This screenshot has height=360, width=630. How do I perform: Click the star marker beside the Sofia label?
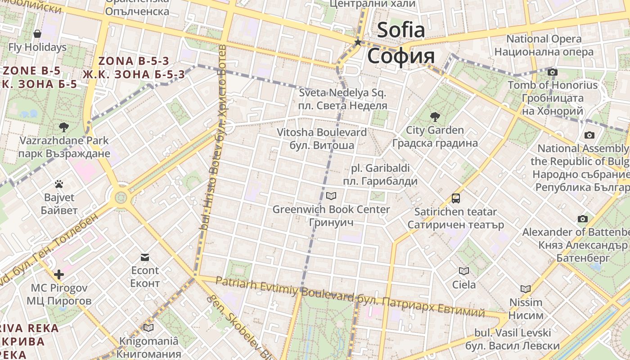(358, 42)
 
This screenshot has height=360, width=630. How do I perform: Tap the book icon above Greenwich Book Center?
(331, 196)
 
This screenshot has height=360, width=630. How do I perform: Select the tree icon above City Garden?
(435, 117)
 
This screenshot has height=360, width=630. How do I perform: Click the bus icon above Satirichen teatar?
(456, 198)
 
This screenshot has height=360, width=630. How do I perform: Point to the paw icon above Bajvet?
(59, 184)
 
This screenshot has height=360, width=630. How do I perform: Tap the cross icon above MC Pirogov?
(59, 274)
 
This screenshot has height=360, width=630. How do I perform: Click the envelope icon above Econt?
(145, 257)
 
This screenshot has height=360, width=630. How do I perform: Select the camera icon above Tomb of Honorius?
(553, 72)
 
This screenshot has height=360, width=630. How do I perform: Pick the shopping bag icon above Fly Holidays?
(37, 34)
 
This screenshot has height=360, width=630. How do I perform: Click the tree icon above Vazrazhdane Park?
(64, 127)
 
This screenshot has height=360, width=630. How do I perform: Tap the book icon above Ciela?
(463, 271)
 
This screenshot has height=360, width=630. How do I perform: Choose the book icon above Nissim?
(525, 289)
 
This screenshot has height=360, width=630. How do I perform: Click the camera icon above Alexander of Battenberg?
(583, 219)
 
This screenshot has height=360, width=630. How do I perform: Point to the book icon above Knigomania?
(148, 328)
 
